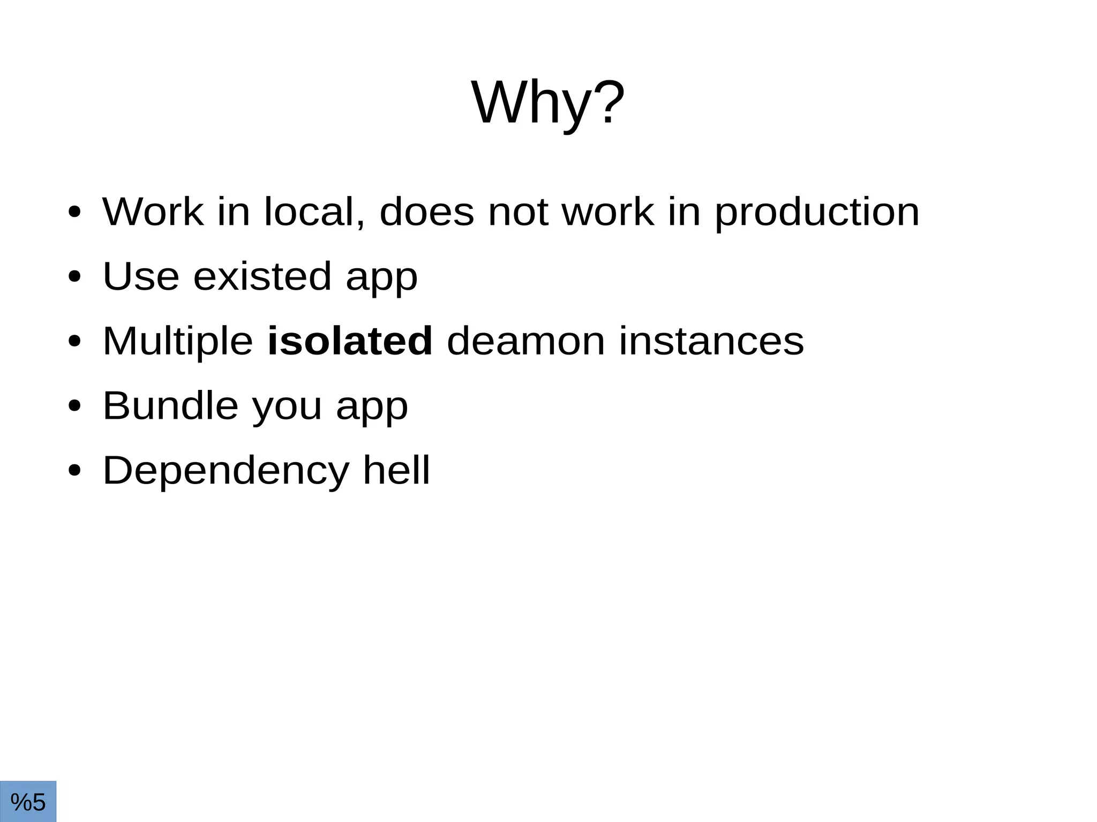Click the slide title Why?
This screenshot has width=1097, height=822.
(547, 103)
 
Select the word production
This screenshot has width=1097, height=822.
(817, 213)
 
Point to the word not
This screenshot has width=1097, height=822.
(518, 213)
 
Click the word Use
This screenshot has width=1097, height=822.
(140, 276)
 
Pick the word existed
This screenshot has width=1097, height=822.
(262, 276)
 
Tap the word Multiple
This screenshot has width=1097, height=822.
(177, 342)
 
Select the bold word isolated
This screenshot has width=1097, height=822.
(349, 341)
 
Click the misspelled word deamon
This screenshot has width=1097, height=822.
(525, 341)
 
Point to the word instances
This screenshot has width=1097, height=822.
(711, 341)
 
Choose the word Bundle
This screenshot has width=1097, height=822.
(170, 406)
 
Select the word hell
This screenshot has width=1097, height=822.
(396, 470)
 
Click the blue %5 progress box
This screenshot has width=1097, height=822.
(28, 802)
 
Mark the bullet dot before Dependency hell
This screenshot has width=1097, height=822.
(74, 471)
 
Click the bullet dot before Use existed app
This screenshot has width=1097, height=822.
(74, 277)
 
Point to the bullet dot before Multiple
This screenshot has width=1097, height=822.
(74, 342)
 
